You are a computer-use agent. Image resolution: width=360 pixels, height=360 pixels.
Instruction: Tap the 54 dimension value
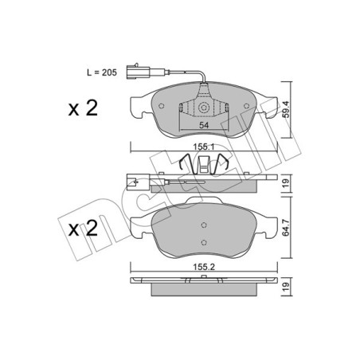204,126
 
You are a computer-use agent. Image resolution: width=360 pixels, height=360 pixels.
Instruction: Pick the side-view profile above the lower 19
205,283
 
